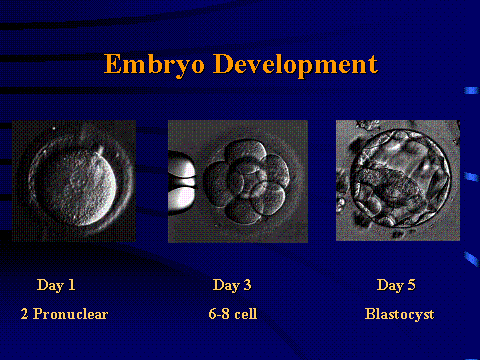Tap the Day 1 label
(x=56, y=285)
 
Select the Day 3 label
(x=232, y=285)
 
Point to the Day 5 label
(x=396, y=285)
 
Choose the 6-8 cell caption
(x=231, y=314)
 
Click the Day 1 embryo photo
(x=73, y=180)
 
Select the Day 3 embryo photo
(x=232, y=180)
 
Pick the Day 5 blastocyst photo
(x=397, y=180)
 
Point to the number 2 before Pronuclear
(x=23, y=314)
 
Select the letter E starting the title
(x=111, y=66)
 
